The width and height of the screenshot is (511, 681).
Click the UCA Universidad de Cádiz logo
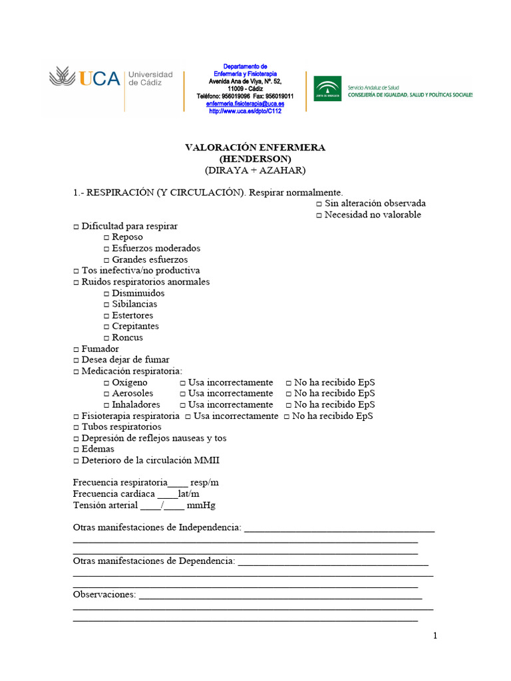[110, 79]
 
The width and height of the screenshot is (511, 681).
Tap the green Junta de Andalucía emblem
[328, 87]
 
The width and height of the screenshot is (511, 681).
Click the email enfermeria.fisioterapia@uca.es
[245, 104]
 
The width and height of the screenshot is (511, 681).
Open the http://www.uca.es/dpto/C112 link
[245, 111]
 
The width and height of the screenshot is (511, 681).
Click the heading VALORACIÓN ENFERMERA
[255, 148]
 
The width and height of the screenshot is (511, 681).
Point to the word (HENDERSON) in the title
[255, 159]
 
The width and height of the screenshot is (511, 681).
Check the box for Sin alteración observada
[319, 204]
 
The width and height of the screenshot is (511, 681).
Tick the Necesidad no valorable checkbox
[319, 215]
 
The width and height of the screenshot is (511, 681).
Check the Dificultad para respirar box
[76, 227]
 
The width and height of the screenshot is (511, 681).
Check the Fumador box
[76, 349]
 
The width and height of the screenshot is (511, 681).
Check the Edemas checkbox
[76, 450]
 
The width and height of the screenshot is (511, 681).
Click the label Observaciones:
[104, 595]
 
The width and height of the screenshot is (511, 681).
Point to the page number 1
[435, 636]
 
